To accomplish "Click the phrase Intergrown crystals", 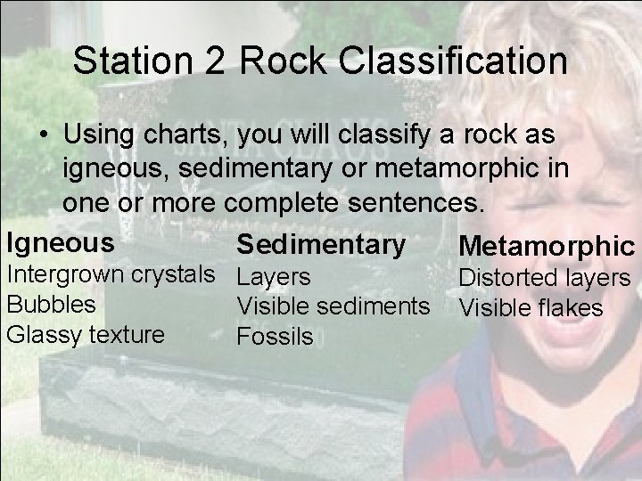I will click(111, 273).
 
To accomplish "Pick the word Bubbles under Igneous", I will click(51, 304).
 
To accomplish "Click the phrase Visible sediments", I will click(333, 307).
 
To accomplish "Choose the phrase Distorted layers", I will click(544, 280).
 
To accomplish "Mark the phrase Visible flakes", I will click(531, 308).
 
